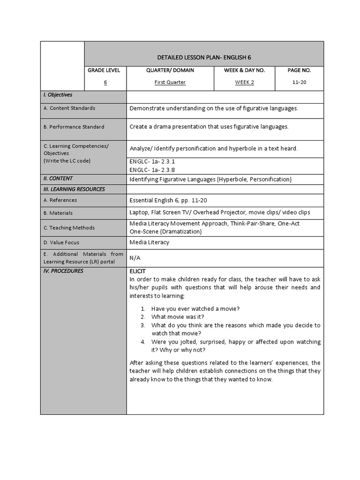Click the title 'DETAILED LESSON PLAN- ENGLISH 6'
pyautogui.click(x=204, y=57)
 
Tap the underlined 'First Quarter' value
pyautogui.click(x=170, y=82)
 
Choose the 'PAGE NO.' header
pyautogui.click(x=299, y=70)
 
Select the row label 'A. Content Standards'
pyautogui.click(x=69, y=108)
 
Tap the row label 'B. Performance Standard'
pyautogui.click(x=74, y=127)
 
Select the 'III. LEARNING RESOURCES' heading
pyautogui.click(x=74, y=189)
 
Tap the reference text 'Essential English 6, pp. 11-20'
pyautogui.click(x=168, y=200)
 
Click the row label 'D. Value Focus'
pyautogui.click(x=61, y=243)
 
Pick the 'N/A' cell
pyautogui.click(x=135, y=258)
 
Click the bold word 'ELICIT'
pyautogui.click(x=137, y=271)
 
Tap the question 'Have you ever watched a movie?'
pyautogui.click(x=195, y=308)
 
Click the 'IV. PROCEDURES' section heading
pyautogui.click(x=63, y=271)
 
